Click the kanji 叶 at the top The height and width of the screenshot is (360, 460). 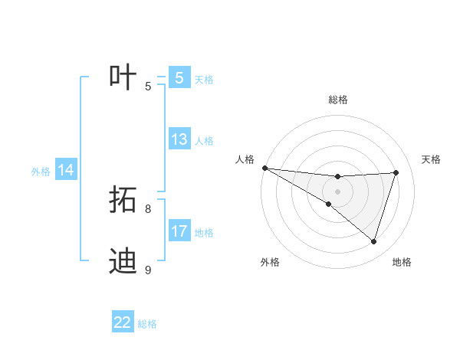point(123,77)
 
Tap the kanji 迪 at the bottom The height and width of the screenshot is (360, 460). point(123,260)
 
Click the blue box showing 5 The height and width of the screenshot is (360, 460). point(179,78)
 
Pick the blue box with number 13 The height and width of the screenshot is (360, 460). point(179,139)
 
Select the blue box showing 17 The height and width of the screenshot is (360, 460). point(179,231)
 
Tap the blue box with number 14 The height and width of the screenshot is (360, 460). point(66,170)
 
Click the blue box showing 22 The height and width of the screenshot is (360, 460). point(123,322)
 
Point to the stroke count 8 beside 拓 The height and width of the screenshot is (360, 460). point(148,208)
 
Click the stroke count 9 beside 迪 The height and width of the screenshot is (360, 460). point(148,270)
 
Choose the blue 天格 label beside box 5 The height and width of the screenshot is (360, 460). point(204,79)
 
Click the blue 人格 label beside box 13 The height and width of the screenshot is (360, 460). point(204,141)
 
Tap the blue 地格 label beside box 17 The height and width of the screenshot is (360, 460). point(204,233)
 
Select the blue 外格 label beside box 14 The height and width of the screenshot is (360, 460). point(41,172)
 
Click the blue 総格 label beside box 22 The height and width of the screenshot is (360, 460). point(147,324)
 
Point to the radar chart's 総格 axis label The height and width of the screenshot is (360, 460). point(337,100)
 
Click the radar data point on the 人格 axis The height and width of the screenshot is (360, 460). point(264,168)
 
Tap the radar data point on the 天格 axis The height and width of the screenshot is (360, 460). point(396,172)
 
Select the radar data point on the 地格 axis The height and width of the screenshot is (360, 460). point(374,242)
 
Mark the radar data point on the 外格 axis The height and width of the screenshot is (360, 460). point(328,205)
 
